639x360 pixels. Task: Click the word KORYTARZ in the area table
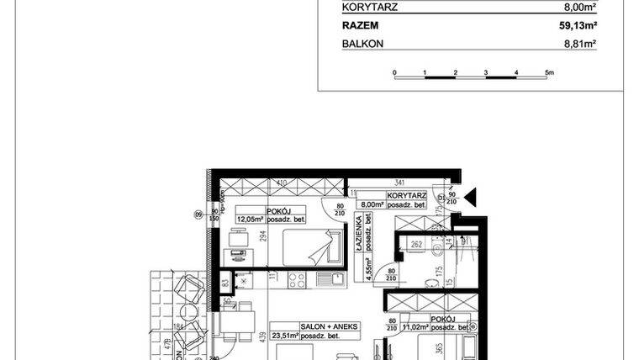(x=369, y=8)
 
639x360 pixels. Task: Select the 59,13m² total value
(x=578, y=26)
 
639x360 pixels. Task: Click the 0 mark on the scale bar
(x=394, y=72)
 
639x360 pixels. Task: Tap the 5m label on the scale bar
(x=550, y=72)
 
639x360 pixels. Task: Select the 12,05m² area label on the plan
(x=250, y=220)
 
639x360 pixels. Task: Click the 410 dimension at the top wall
(x=282, y=182)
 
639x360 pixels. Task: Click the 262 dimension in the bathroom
(x=415, y=246)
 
